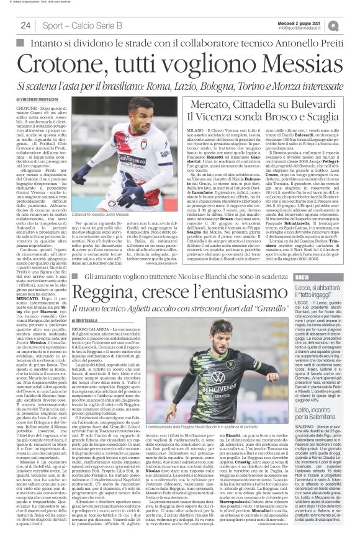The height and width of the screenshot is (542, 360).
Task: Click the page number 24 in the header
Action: pos(25,25)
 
